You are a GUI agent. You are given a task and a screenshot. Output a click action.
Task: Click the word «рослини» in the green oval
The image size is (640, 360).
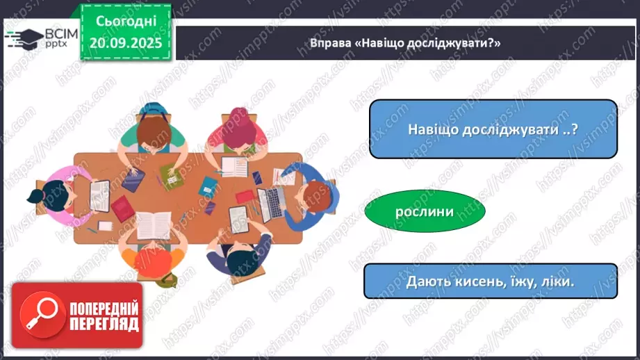click(x=425, y=212)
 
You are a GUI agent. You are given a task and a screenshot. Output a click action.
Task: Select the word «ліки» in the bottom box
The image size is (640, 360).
click(x=556, y=281)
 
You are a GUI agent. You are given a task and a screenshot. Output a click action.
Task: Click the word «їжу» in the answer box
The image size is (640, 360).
click(x=515, y=281)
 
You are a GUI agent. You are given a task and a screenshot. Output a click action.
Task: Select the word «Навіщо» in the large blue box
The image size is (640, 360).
click(x=431, y=130)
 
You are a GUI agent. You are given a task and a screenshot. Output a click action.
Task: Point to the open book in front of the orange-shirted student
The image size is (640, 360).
click(x=153, y=224)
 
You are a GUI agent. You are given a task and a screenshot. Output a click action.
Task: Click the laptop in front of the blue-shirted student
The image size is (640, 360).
click(x=266, y=204)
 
